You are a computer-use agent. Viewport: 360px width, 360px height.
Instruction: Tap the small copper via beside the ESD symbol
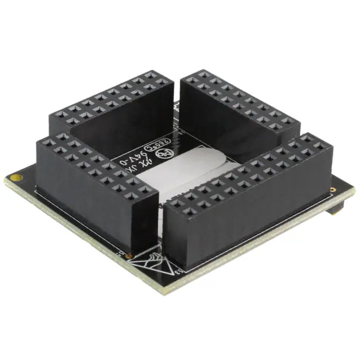tap(130, 256)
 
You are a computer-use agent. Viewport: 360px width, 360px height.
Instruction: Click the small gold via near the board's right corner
tap(336, 191)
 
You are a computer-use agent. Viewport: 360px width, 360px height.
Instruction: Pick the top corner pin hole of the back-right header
tap(201, 74)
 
